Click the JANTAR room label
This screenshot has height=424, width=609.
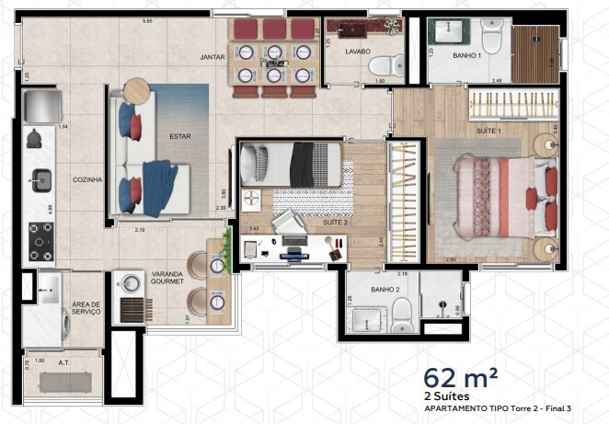pos(213,57)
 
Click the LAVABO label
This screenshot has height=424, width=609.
pos(358,52)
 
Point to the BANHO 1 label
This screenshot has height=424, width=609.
pos(467,55)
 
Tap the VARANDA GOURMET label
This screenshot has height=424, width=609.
pos(166,278)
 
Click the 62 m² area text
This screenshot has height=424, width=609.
pos(461,377)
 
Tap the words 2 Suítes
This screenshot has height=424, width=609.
pos(446,396)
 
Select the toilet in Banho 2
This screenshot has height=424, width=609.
pos(402,318)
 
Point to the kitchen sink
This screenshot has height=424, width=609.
pos(41,178)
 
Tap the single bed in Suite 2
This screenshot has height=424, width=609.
pos(290,166)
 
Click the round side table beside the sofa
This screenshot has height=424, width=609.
pos(136,89)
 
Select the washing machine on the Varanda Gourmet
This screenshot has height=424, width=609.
pos(132,283)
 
